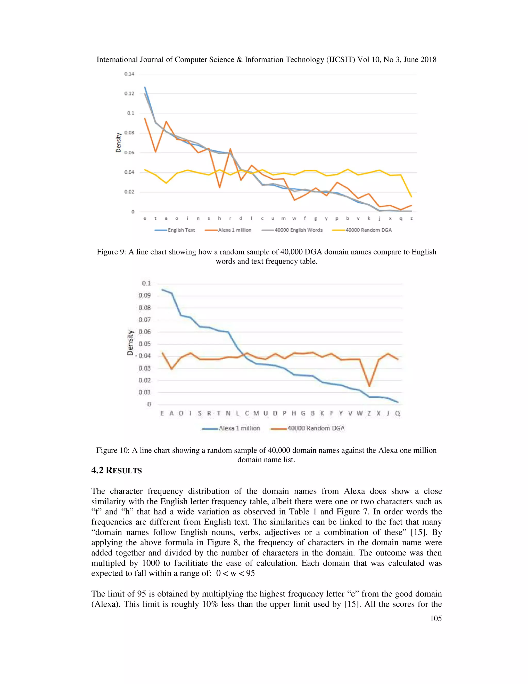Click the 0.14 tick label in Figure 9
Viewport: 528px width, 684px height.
(x=129, y=74)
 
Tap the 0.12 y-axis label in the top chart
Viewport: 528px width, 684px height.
(x=129, y=94)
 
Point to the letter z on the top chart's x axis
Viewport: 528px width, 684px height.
(x=411, y=219)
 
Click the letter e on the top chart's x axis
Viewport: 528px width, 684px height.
(x=145, y=219)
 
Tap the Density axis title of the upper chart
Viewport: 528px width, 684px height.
(x=118, y=142)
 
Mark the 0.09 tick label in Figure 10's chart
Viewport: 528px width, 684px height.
(x=145, y=295)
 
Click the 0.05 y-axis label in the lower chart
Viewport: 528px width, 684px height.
(x=145, y=344)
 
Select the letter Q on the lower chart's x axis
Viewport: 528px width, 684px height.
(x=398, y=413)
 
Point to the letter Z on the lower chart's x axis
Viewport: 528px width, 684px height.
(x=369, y=413)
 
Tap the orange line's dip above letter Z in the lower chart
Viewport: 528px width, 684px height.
(x=369, y=386)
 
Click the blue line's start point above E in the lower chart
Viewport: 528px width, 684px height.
(x=162, y=289)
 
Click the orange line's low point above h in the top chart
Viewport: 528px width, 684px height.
(x=220, y=187)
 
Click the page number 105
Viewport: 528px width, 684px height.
(x=436, y=618)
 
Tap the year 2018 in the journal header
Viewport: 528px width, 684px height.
(x=428, y=60)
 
